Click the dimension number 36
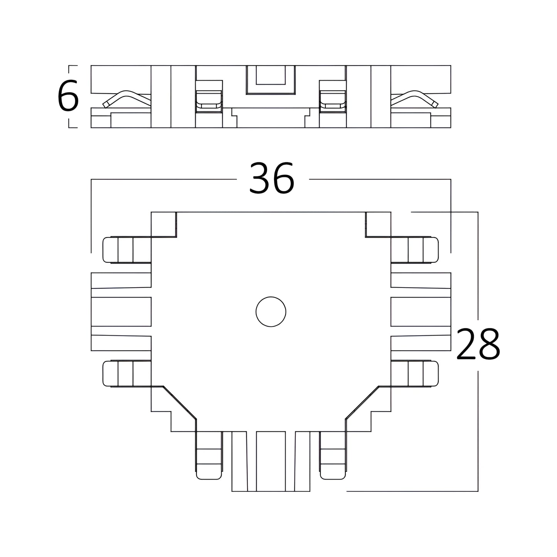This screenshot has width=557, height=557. coord(272,178)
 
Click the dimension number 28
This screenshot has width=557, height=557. coord(478,344)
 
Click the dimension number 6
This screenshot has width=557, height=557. coord(68,96)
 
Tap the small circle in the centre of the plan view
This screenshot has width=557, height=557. coord(271,311)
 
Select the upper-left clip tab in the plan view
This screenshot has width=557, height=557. coord(127,250)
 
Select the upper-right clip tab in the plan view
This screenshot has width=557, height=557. coord(414,250)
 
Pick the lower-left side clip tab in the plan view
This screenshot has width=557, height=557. coord(127,374)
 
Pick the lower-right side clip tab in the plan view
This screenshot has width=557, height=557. coord(414,374)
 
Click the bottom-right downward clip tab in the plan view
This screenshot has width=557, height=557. coord(333,456)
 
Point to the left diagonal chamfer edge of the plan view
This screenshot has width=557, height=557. coord(180,402)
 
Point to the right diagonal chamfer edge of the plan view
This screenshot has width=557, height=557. coord(362,402)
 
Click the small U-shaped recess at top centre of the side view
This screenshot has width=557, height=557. coord(271,80)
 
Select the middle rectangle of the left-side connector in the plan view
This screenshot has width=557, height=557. coord(121,311)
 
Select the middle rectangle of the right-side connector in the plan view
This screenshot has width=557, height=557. coord(421,311)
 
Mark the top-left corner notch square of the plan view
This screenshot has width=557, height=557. coord(163,225)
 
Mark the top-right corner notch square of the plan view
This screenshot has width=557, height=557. coord(379,225)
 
